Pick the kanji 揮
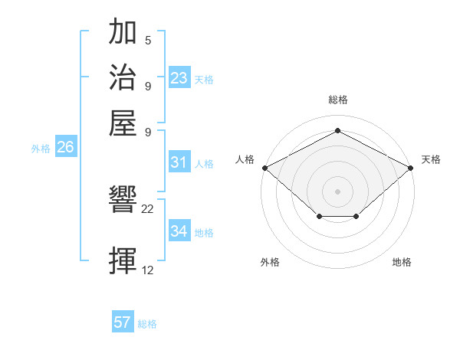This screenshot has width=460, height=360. [123, 260]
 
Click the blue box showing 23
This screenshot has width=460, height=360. [179, 78]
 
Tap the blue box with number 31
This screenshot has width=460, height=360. [179, 162]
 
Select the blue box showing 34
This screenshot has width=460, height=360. [179, 231]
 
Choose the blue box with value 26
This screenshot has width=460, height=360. [65, 148]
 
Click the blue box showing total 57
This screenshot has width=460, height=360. [123, 322]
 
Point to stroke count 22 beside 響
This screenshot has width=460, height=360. [148, 208]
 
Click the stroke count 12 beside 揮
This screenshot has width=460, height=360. [148, 270]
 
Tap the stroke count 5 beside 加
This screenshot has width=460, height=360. [148, 40]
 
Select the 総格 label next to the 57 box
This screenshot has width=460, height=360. [147, 324]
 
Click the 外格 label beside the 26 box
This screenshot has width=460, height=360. [41, 149]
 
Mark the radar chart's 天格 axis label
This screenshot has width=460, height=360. [431, 159]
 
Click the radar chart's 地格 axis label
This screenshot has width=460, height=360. [402, 262]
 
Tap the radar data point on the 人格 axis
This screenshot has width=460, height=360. [264, 167]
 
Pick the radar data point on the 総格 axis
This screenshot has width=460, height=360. [337, 131]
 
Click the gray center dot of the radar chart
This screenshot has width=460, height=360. [337, 191]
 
